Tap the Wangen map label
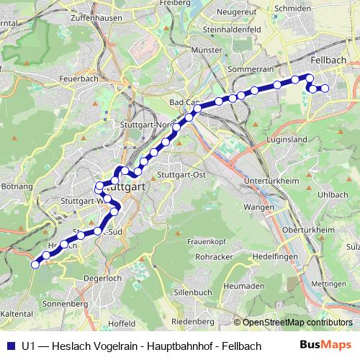(x=258, y=207)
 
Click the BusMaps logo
(x=323, y=345)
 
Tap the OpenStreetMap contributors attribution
(x=297, y=322)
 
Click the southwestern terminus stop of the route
(x=35, y=264)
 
